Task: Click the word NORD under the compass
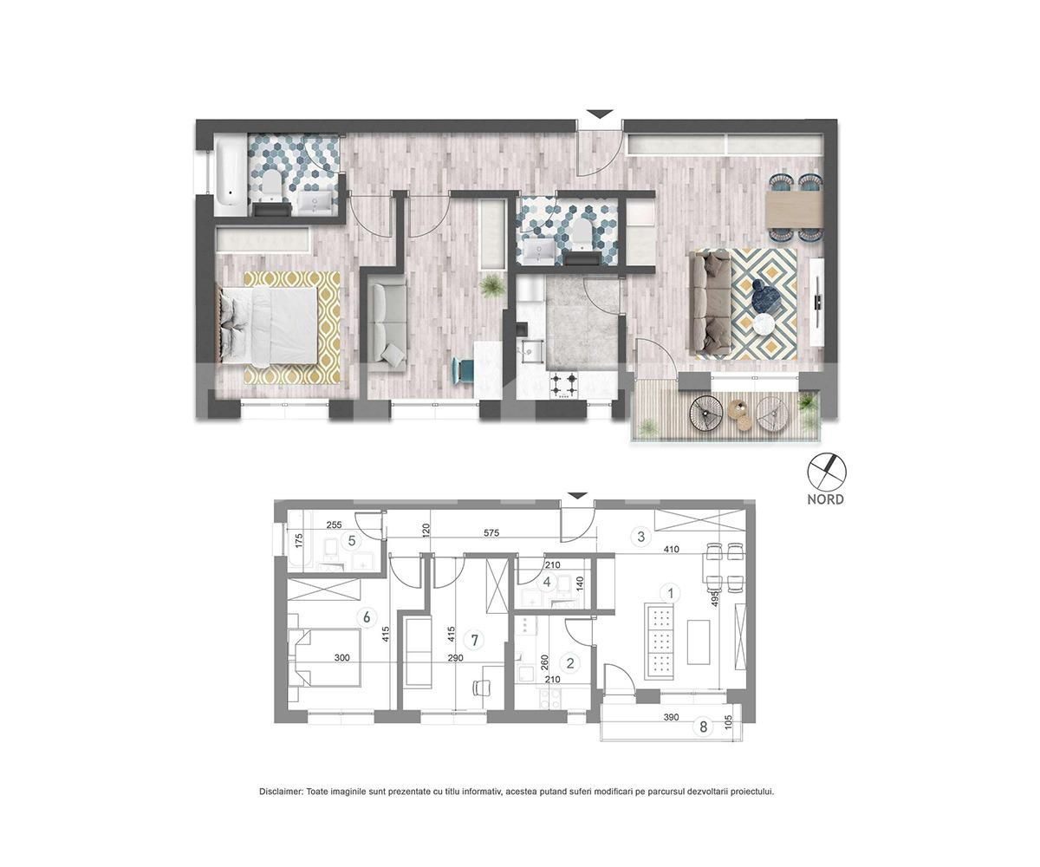pos(825,499)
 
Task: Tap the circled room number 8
pos(703,727)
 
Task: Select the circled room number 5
pos(352,541)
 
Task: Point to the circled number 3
pos(641,537)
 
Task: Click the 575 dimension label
pos(491,532)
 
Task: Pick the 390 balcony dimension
pos(671,717)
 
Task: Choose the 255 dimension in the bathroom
pos(334,525)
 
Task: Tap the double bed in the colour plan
pos(268,325)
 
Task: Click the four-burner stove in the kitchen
pos(564,385)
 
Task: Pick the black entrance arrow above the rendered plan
pos(600,114)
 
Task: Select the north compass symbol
pos(826,471)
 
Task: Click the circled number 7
pos(474,639)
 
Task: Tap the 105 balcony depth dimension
pos(728,721)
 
